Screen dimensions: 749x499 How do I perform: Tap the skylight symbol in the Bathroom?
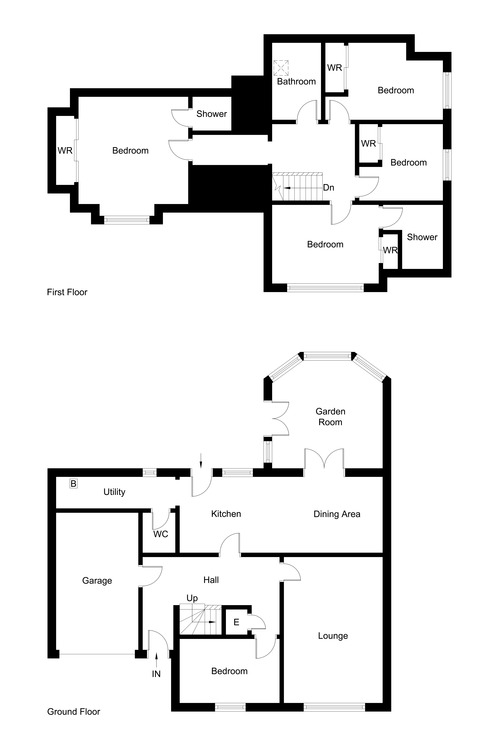[281, 68]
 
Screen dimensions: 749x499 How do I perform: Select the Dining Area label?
[337, 514]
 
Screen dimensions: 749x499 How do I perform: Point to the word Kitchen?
[226, 514]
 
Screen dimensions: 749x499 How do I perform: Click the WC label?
[161, 534]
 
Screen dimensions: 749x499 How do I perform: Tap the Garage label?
[97, 580]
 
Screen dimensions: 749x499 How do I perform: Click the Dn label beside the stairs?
[328, 188]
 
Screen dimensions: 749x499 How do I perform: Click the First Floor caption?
[67, 292]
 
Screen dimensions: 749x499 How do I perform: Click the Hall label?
[211, 580]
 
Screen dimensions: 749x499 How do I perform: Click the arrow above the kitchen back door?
[201, 465]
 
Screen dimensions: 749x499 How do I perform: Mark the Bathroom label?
[296, 81]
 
